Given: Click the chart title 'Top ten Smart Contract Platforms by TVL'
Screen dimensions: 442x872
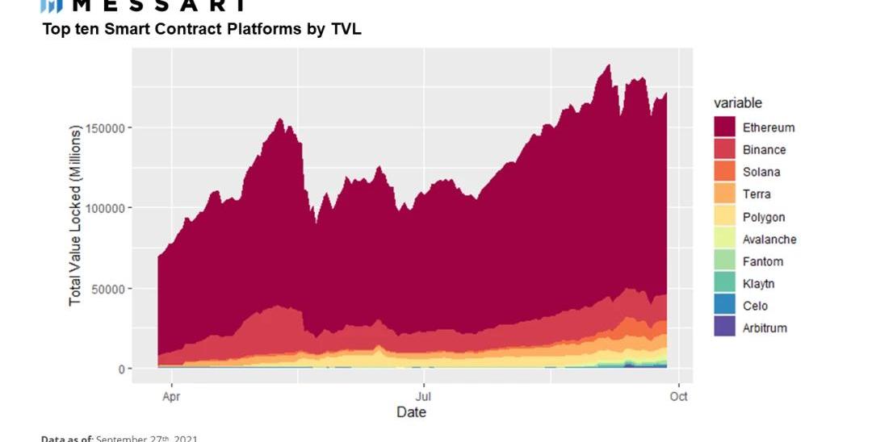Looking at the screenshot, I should pyautogui.click(x=202, y=30).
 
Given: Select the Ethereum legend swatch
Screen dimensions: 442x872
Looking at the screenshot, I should pyautogui.click(x=724, y=127).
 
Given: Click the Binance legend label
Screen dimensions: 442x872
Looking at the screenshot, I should pyautogui.click(x=764, y=150).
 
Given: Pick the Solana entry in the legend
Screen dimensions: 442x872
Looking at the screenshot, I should pyautogui.click(x=761, y=172).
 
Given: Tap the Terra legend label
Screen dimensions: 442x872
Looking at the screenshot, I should pyautogui.click(x=757, y=194).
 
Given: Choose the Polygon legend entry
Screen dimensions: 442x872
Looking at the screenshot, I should pyautogui.click(x=763, y=217).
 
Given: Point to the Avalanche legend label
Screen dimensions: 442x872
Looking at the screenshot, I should pyautogui.click(x=769, y=240).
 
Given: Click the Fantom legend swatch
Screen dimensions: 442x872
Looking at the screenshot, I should pyautogui.click(x=724, y=261).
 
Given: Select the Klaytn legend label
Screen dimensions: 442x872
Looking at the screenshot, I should pyautogui.click(x=759, y=284).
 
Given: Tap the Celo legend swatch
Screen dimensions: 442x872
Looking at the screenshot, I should pyautogui.click(x=724, y=306).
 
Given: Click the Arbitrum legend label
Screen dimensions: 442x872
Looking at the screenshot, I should pyautogui.click(x=765, y=328).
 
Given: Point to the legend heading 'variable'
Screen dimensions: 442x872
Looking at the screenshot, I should pyautogui.click(x=737, y=103).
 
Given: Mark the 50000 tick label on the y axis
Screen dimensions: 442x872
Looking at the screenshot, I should pyautogui.click(x=109, y=289).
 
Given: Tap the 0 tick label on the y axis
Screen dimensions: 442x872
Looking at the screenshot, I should pyautogui.click(x=121, y=369).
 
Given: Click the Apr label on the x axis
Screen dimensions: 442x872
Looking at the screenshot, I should pyautogui.click(x=170, y=397).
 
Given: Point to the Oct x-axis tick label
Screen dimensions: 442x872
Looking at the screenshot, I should pyautogui.click(x=678, y=397).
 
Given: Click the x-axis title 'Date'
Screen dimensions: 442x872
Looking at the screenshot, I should pyautogui.click(x=411, y=413).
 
